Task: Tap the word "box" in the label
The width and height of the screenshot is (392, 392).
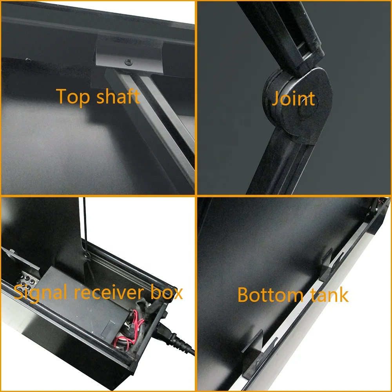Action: pyautogui.click(x=166, y=292)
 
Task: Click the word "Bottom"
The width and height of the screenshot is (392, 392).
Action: pyautogui.click(x=270, y=295)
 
